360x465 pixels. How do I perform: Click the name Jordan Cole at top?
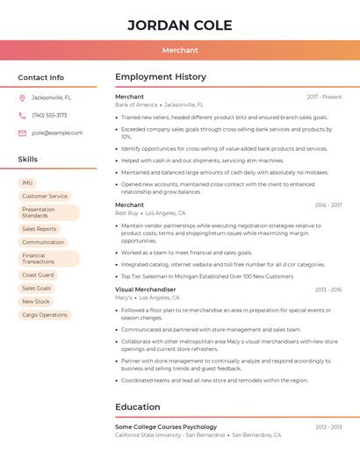click(180, 25)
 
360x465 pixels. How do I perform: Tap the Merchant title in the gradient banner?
click(180, 50)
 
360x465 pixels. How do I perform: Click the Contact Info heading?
click(41, 77)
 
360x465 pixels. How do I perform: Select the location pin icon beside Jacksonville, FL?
click(23, 97)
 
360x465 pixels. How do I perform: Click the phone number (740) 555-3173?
click(49, 115)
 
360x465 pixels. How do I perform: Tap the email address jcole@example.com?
click(57, 132)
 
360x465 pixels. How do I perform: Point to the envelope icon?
click(23, 132)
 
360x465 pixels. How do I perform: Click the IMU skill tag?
click(27, 182)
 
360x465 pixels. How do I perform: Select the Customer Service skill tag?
click(45, 197)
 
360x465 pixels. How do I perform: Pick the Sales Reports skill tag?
click(40, 229)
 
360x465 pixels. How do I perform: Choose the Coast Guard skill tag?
click(38, 275)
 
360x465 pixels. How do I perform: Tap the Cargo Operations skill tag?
click(45, 314)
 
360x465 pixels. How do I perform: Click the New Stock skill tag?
click(36, 301)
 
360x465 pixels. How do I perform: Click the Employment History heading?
click(161, 77)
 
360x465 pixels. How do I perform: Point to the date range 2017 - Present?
click(324, 97)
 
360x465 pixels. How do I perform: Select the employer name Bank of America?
click(136, 104)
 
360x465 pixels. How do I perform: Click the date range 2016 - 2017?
click(328, 205)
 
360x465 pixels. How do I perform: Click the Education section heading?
click(138, 407)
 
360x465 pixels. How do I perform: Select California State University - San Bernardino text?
click(169, 435)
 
